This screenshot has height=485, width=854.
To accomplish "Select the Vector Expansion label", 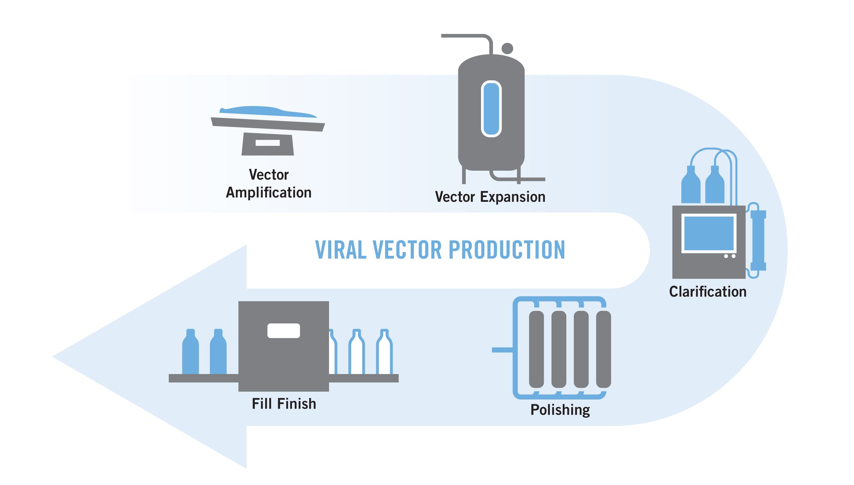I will pos(490,197).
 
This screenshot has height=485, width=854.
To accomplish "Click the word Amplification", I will pos(269,193).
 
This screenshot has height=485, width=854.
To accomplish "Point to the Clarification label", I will pos(708,292).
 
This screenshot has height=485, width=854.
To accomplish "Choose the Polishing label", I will pos(560,410).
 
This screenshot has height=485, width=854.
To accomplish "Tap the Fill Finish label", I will pos(284,404).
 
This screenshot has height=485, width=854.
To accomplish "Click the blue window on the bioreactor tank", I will pos(491,108).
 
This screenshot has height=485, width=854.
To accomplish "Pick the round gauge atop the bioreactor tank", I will pos(507,48).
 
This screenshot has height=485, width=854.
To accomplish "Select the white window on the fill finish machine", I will pos(284,330).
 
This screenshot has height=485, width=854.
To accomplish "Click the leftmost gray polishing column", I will pos(536,349).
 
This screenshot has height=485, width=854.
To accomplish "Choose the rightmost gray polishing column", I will pos(603,349).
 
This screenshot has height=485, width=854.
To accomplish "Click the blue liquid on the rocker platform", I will pos(267,111).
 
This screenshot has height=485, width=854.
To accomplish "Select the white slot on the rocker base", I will pos(267,143).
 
